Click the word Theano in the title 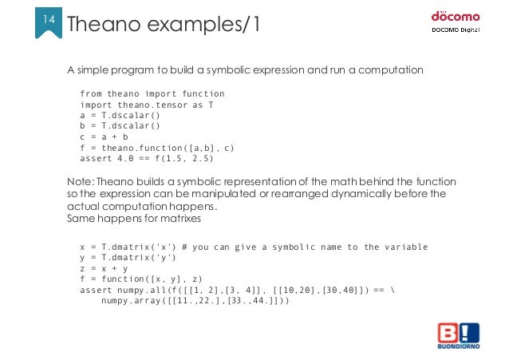pyautogui.click(x=108, y=25)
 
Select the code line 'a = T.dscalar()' pyautogui.click(x=120, y=115)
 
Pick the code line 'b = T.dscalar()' pyautogui.click(x=120, y=125)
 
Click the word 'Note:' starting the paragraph pyautogui.click(x=81, y=181)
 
